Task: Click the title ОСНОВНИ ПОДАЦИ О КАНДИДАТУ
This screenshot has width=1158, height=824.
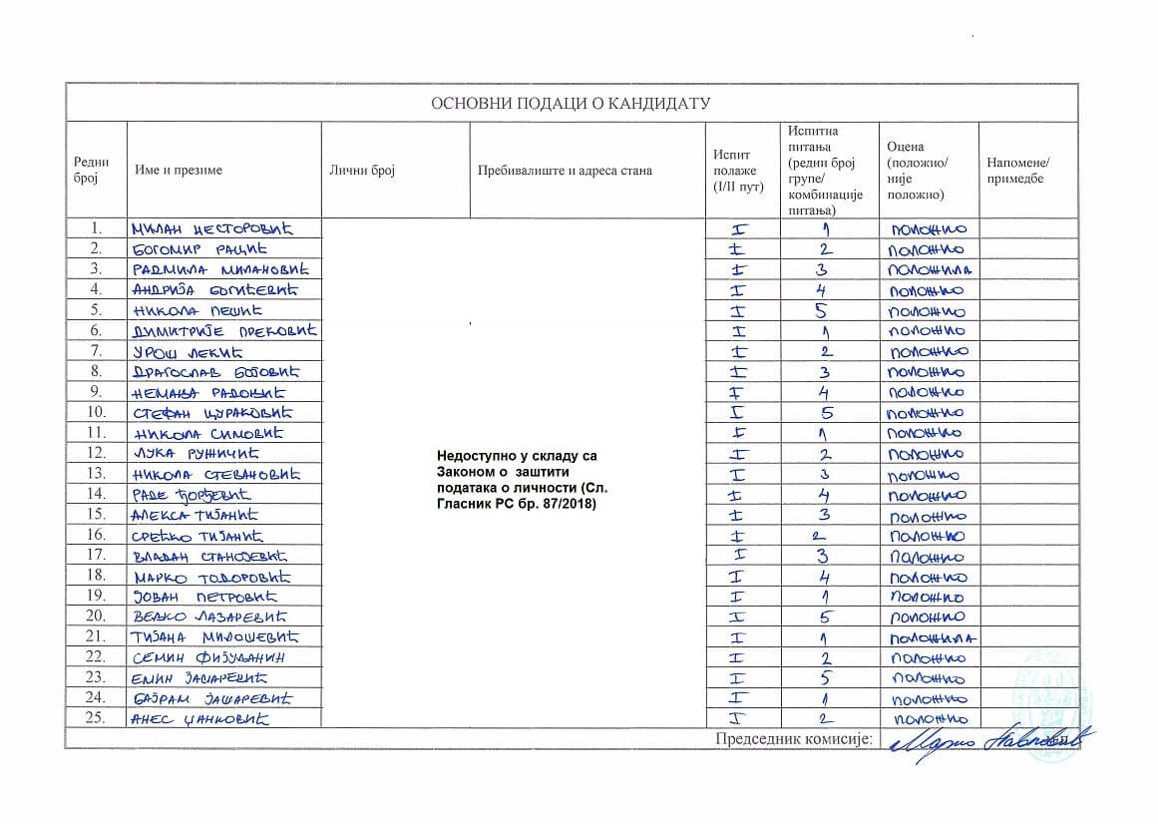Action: [x=570, y=104]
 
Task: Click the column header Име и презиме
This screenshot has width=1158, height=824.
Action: [x=179, y=171]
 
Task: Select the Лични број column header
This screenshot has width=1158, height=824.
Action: [x=362, y=171]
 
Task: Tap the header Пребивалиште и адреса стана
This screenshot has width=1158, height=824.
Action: [x=565, y=171]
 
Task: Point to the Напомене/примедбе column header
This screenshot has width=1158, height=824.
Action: [x=1017, y=171]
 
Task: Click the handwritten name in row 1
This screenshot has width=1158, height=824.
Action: [x=223, y=229]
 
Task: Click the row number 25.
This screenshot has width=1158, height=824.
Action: [x=96, y=718]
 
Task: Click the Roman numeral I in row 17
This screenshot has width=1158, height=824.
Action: [x=739, y=556]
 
